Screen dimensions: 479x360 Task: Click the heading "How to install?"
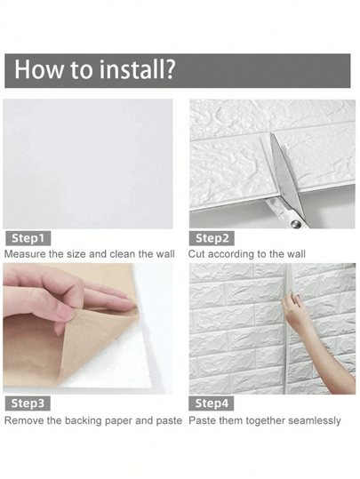94,70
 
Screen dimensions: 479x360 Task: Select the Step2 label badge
213,238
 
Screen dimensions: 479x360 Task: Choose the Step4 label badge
213,403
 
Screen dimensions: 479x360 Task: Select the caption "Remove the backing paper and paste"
92,419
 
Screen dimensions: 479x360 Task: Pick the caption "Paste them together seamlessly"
265,419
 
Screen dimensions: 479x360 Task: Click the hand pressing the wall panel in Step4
295,311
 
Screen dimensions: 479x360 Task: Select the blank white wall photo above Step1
88,164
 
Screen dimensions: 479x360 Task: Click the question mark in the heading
168,70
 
